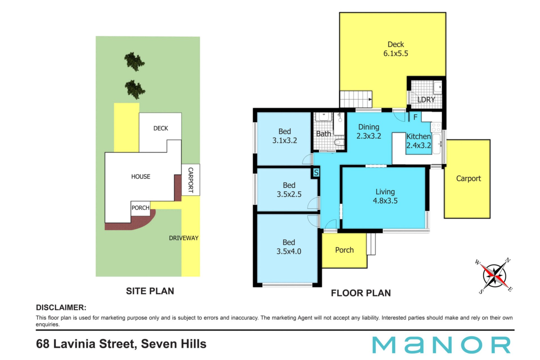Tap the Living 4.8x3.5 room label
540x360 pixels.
[x=385, y=196]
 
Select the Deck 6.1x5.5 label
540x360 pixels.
[x=396, y=49]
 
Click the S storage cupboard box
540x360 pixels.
[x=316, y=172]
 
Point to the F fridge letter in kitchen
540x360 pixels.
[x=415, y=117]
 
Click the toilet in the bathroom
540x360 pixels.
[x=339, y=142]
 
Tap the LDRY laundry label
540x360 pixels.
[x=426, y=100]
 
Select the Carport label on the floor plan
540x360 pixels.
[x=469, y=178]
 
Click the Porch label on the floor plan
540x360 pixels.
[x=344, y=250]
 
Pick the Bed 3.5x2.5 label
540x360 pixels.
[x=289, y=190]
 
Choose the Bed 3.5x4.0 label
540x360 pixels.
[x=289, y=247]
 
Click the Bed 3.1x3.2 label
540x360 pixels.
[x=285, y=136]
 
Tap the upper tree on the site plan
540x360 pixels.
[x=135, y=61]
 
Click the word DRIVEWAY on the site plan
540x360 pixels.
[x=184, y=238]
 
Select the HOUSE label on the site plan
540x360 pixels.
[x=141, y=176]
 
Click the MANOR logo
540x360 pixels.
[x=441, y=345]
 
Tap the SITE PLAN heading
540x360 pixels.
[x=150, y=291]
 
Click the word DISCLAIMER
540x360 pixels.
[x=61, y=307]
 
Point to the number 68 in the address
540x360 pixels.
[x=43, y=344]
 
